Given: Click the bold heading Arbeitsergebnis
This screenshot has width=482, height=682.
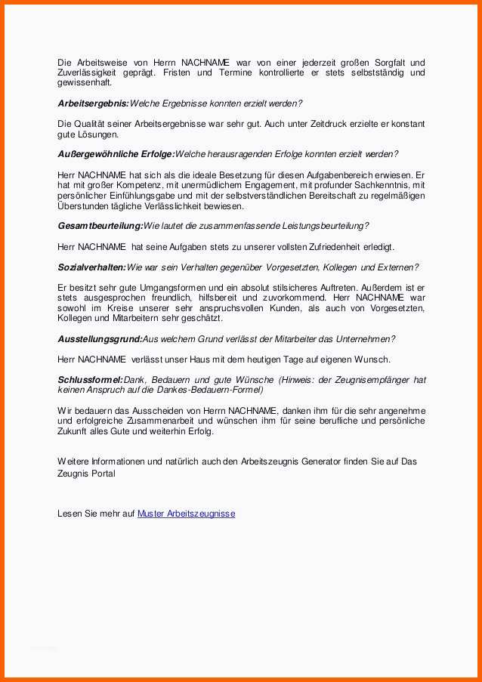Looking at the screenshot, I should [93, 103].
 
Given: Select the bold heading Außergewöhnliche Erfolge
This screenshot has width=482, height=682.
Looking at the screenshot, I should [116, 154].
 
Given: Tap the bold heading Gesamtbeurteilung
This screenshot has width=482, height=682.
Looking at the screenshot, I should [100, 226].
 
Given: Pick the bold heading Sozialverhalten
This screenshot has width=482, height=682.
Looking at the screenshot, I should [91, 267].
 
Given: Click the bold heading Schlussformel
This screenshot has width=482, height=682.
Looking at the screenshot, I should [90, 380].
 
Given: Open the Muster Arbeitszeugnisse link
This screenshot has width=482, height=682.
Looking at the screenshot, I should [186, 514].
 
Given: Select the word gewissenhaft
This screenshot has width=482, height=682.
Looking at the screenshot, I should [84, 82].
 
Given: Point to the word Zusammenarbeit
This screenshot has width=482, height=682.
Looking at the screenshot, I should [157, 421].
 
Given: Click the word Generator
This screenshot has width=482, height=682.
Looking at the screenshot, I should [301, 461].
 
